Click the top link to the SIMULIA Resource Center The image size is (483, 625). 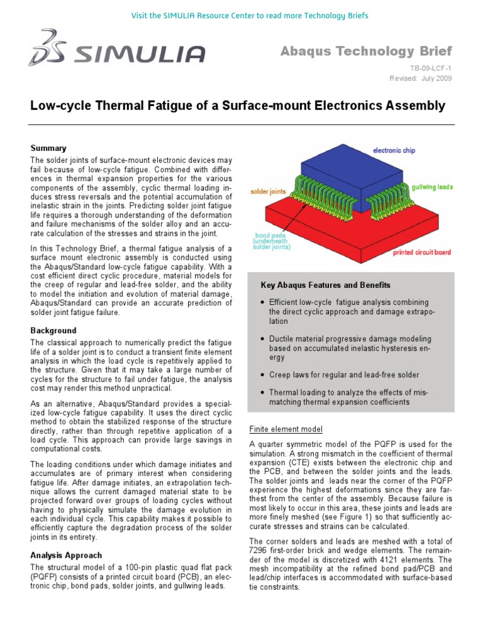pyautogui.click(x=241, y=14)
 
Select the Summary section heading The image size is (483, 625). pyautogui.click(x=48, y=148)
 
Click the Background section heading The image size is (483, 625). pyautogui.click(x=53, y=330)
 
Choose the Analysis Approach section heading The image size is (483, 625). pyautogui.click(x=65, y=555)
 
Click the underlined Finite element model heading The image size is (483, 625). pyautogui.click(x=286, y=429)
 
